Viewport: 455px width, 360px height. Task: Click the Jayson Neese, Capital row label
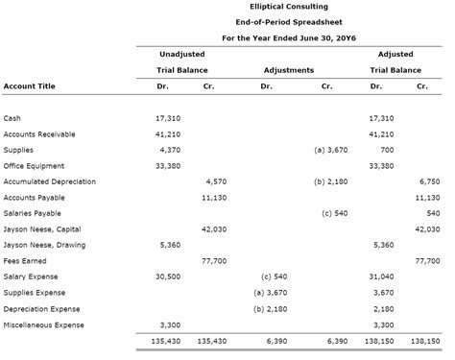tap(44, 229)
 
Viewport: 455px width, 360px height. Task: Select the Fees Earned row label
tap(25, 260)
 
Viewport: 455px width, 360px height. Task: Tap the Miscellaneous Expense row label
tap(43, 324)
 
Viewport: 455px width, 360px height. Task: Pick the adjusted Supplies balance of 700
tap(387, 150)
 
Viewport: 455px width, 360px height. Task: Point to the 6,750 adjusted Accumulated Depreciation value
tap(429, 180)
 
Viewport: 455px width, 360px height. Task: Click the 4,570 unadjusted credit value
tap(216, 180)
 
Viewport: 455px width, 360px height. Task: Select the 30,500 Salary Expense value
tap(167, 276)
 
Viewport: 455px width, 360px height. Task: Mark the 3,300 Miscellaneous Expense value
tap(169, 324)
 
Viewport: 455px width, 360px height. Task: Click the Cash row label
tap(12, 118)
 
